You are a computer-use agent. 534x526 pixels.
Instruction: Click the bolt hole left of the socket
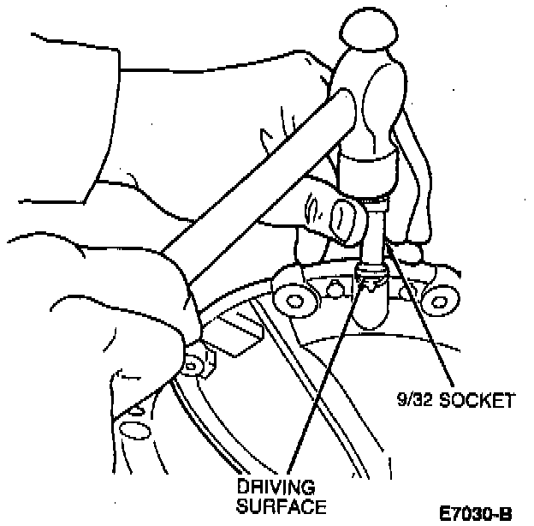[300, 300]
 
